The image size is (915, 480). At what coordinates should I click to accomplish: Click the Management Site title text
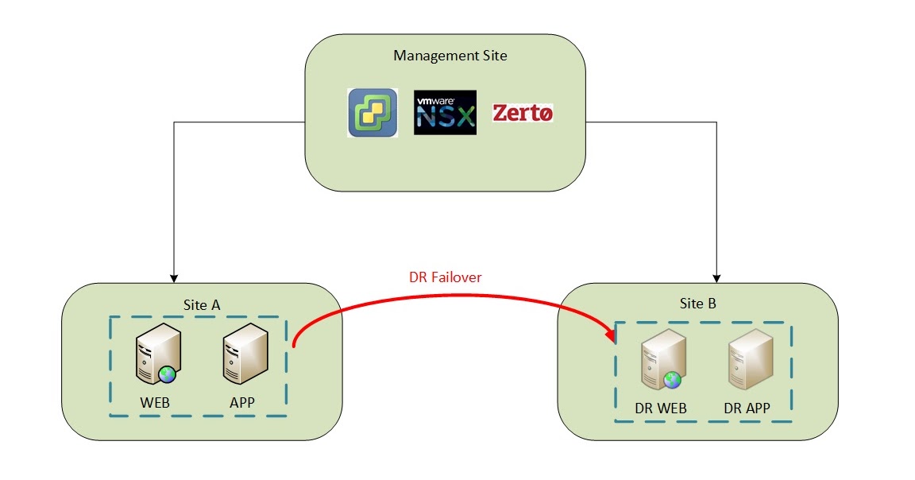pyautogui.click(x=450, y=56)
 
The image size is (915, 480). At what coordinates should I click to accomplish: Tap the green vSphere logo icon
pyautogui.click(x=373, y=113)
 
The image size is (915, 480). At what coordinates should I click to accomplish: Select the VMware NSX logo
pyautogui.click(x=445, y=113)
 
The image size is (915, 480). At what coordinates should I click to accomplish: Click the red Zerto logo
pyautogui.click(x=523, y=113)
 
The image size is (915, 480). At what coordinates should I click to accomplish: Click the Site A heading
pyautogui.click(x=197, y=304)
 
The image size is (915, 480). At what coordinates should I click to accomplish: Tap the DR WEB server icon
pyautogui.click(x=661, y=362)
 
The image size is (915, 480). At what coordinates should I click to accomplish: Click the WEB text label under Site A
pyautogui.click(x=155, y=402)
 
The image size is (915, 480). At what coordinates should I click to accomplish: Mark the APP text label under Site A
pyautogui.click(x=242, y=402)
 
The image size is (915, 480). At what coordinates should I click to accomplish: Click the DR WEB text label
pyautogui.click(x=661, y=408)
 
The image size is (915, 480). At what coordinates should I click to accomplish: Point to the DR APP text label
pyautogui.click(x=747, y=408)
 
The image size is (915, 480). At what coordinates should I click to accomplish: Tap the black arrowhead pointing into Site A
pyautogui.click(x=173, y=278)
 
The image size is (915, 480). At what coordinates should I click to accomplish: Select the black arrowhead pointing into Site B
pyautogui.click(x=718, y=277)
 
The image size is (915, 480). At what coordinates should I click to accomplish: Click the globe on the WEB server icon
pyautogui.click(x=166, y=374)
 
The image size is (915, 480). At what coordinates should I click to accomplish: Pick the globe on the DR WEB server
pyautogui.click(x=673, y=380)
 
